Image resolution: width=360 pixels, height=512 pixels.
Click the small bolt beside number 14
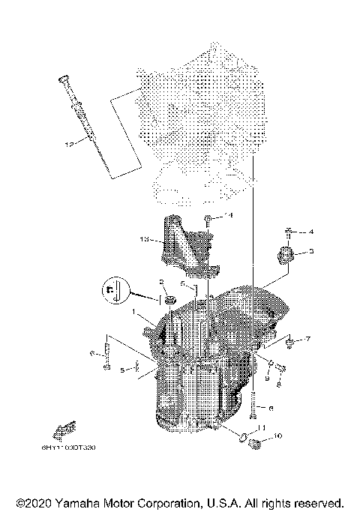tap(209, 219)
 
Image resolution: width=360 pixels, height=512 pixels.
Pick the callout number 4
tap(311, 232)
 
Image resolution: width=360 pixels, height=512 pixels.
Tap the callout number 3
tap(311, 253)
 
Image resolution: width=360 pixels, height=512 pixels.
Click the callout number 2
tap(160, 282)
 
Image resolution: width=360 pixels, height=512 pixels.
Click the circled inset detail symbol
tap(113, 294)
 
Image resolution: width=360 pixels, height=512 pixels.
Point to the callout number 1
tap(134, 313)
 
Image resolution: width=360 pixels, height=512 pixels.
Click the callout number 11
tap(260, 427)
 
